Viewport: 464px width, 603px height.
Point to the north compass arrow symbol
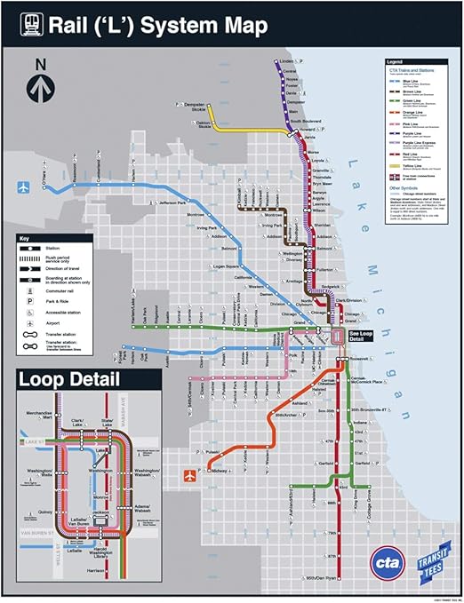40,85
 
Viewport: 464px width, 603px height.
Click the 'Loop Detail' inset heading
70,380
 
